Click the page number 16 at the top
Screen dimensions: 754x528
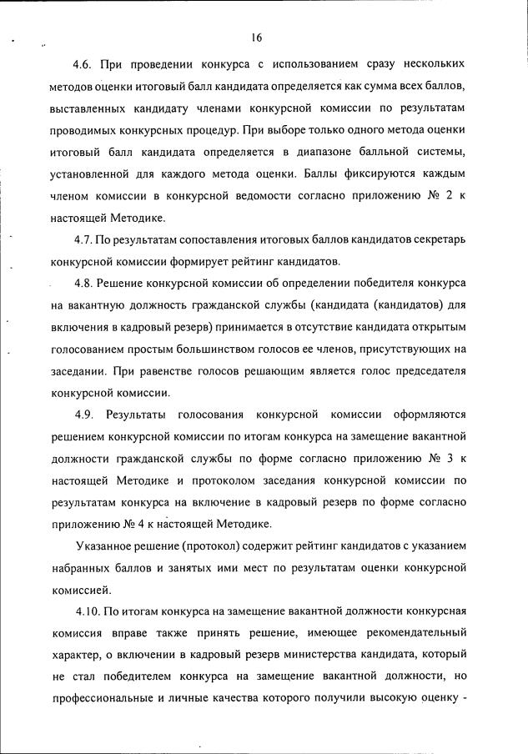coord(256,37)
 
